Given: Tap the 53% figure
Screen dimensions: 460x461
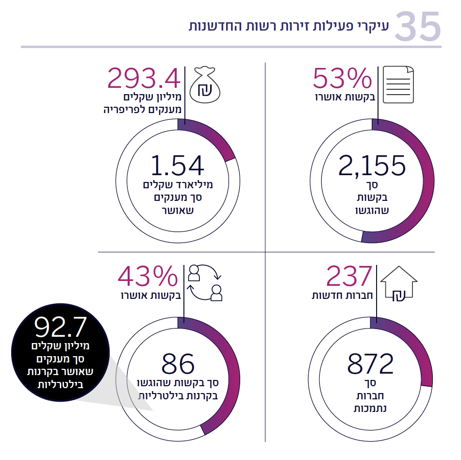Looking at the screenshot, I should point(342,78).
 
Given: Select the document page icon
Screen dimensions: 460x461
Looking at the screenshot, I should point(399,85).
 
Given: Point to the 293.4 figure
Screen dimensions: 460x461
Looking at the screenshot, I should point(144,78).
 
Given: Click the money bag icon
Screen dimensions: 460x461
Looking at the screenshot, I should point(205,85).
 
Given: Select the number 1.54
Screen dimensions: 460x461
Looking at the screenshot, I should point(177,165).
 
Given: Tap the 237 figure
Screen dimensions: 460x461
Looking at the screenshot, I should point(349,277).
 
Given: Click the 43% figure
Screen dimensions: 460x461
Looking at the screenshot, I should point(148,277).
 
